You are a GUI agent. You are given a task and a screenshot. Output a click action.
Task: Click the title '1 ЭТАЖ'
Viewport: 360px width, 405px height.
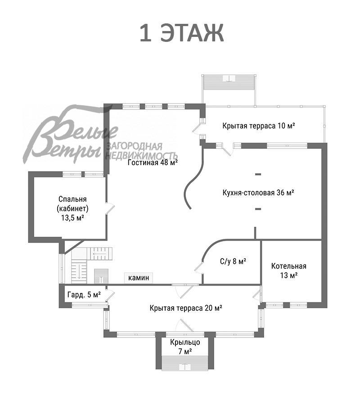pyautogui.click(x=181, y=34)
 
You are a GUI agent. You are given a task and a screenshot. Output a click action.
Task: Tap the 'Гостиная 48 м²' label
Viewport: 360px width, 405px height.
pyautogui.click(x=153, y=163)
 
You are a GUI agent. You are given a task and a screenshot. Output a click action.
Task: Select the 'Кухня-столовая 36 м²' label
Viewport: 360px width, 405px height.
pyautogui.click(x=258, y=193)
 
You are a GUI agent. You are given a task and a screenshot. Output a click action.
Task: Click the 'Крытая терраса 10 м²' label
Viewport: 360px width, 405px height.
pyautogui.click(x=259, y=126)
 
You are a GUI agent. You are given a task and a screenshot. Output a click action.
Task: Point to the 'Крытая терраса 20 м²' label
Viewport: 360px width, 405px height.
pyautogui.click(x=186, y=308)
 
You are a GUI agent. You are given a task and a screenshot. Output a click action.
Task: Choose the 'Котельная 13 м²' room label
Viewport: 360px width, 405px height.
pyautogui.click(x=288, y=270)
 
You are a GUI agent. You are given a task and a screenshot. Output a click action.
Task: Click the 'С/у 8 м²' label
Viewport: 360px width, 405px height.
pyautogui.click(x=233, y=261)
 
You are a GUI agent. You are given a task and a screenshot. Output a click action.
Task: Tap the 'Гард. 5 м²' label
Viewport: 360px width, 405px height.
pyautogui.click(x=84, y=295)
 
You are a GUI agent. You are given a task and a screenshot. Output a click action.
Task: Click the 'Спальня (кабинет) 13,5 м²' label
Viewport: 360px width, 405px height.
pyautogui.click(x=72, y=208)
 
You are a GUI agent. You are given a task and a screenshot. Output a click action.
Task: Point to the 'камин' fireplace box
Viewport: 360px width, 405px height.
pyautogui.click(x=139, y=278)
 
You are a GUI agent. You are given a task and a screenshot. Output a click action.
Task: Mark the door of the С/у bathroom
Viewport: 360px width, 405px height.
pyautogui.click(x=198, y=267)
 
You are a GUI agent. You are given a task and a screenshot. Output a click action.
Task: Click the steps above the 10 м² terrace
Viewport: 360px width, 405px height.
pyautogui.click(x=230, y=83)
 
